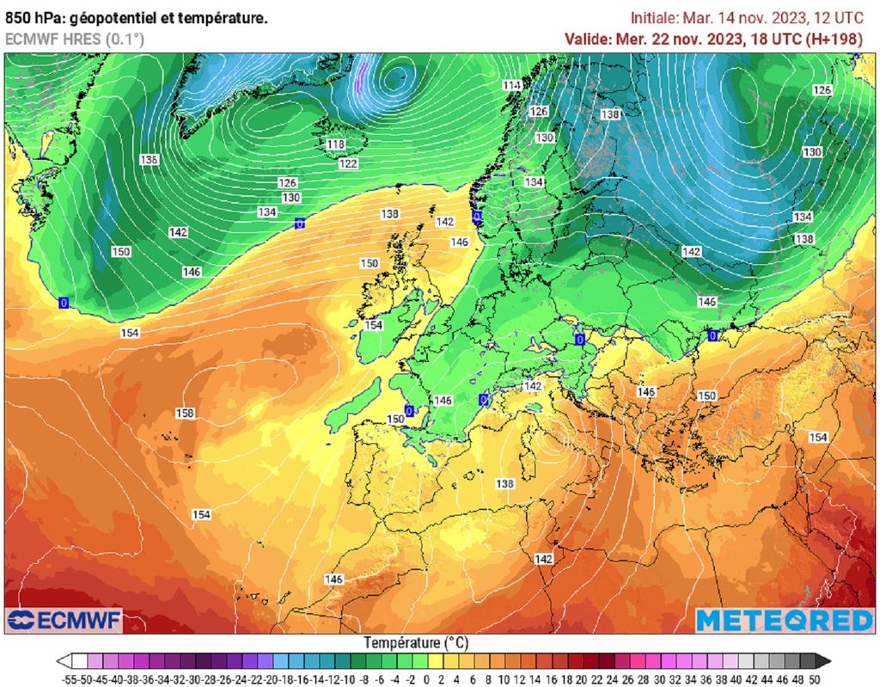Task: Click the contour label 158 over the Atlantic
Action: click(x=185, y=414)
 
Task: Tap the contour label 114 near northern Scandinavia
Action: click(x=513, y=85)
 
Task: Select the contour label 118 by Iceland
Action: click(x=336, y=144)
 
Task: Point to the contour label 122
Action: click(x=348, y=163)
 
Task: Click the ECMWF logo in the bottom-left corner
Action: click(x=64, y=620)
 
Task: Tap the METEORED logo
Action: click(x=784, y=620)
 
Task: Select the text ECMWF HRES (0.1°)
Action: click(x=75, y=39)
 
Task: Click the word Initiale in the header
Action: click(x=655, y=17)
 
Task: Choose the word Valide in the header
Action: click(x=588, y=39)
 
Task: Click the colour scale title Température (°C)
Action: click(x=416, y=642)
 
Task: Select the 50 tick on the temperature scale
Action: click(x=814, y=679)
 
